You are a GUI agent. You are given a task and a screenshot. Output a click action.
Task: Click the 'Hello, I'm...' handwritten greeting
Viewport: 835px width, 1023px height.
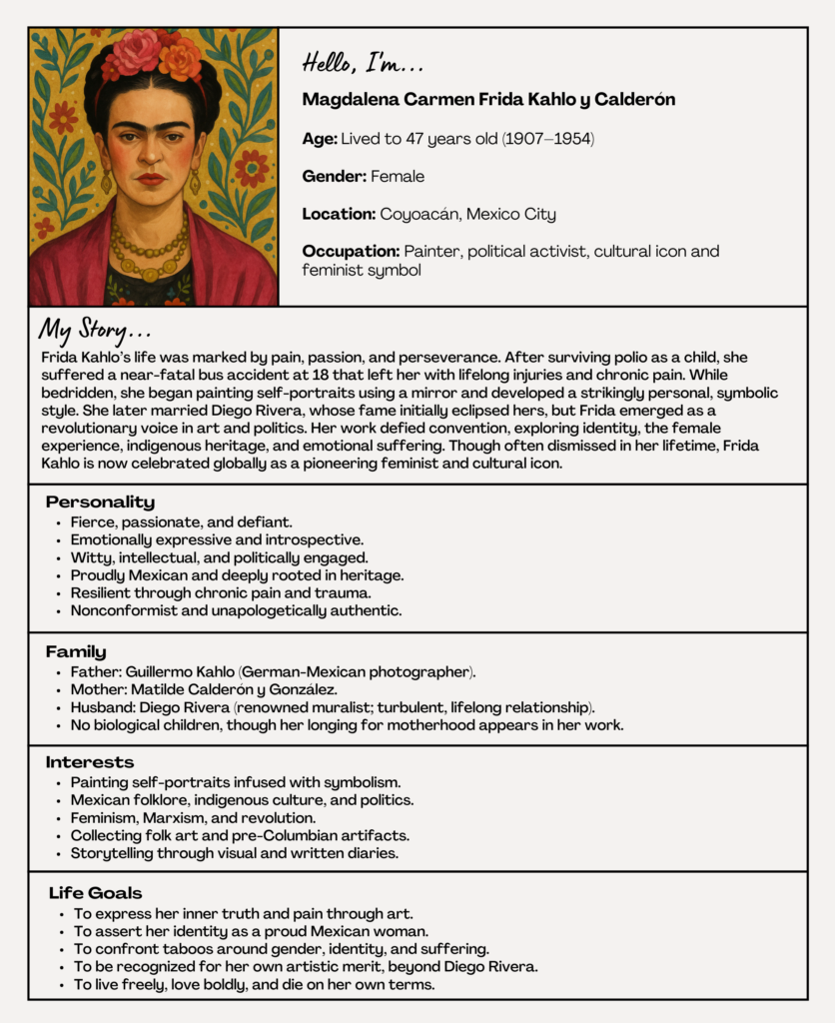coord(363,64)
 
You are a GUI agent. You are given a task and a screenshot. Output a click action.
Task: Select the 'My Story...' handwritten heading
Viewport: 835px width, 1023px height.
coord(95,330)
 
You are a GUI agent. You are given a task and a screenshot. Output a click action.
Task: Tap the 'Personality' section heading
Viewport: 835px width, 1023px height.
coord(100,503)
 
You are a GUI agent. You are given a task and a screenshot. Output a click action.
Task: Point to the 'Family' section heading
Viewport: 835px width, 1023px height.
coord(76,651)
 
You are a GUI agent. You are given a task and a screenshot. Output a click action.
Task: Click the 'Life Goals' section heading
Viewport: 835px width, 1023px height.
coord(95,893)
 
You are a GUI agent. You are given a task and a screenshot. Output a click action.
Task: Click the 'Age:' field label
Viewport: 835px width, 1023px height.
coord(321,139)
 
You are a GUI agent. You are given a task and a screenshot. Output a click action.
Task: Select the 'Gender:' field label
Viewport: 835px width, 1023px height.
coord(335,177)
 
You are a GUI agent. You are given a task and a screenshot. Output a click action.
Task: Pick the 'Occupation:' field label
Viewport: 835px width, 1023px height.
coord(351,252)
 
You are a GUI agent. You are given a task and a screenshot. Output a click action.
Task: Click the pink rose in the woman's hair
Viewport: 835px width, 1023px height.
coord(139,51)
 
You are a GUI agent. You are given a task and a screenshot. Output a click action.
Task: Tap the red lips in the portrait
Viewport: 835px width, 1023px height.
coord(150,180)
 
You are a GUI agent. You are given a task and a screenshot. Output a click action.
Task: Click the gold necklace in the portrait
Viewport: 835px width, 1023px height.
coord(150,250)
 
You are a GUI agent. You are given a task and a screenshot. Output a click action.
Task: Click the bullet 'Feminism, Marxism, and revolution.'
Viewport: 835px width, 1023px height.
coord(193,818)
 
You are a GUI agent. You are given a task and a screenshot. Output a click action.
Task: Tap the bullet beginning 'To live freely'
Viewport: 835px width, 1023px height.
coord(254,984)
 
